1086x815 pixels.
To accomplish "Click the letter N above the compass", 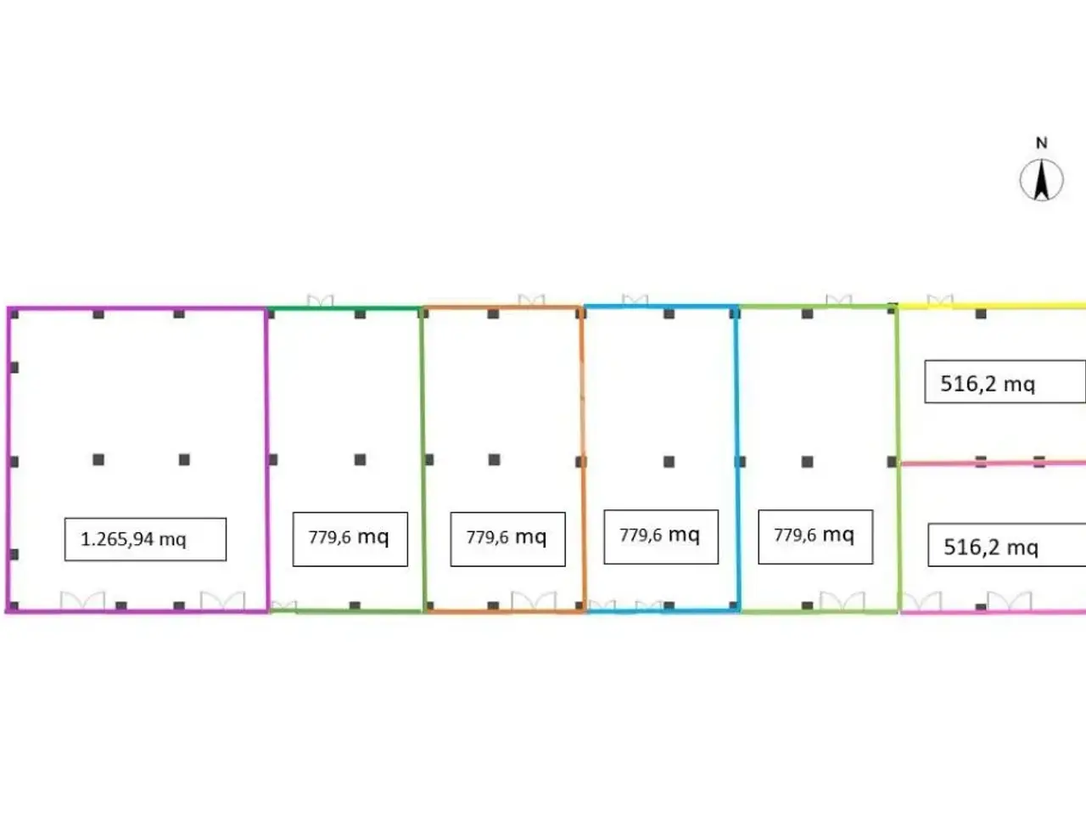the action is [x=1042, y=143].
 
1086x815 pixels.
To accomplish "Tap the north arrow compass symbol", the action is [x=1042, y=180].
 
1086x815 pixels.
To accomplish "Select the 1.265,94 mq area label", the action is [x=133, y=539].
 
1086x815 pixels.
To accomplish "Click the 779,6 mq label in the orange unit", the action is [x=507, y=537].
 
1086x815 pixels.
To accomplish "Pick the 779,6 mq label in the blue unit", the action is [x=659, y=535].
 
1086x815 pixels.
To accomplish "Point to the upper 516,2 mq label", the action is [x=988, y=384].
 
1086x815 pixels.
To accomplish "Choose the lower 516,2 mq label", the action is [x=991, y=548].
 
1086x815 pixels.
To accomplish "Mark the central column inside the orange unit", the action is [x=495, y=459].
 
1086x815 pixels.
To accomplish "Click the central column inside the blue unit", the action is [x=669, y=462].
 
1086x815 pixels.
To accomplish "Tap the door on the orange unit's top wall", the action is [x=531, y=300].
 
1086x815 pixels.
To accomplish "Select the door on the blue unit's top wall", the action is [x=635, y=300].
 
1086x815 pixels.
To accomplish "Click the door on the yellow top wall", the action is [x=940, y=301].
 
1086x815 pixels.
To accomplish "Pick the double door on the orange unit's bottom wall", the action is [x=534, y=601].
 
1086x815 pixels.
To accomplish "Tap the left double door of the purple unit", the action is [x=82, y=601].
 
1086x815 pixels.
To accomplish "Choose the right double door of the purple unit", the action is [x=222, y=601].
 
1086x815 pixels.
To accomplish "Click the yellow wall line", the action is [x=992, y=306].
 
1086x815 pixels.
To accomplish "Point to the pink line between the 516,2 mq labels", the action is [x=993, y=464].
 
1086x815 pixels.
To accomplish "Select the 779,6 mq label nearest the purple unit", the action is [x=349, y=537].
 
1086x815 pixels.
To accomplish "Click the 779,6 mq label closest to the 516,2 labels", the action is [x=814, y=535].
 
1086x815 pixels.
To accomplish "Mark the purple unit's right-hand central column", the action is [x=185, y=459].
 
